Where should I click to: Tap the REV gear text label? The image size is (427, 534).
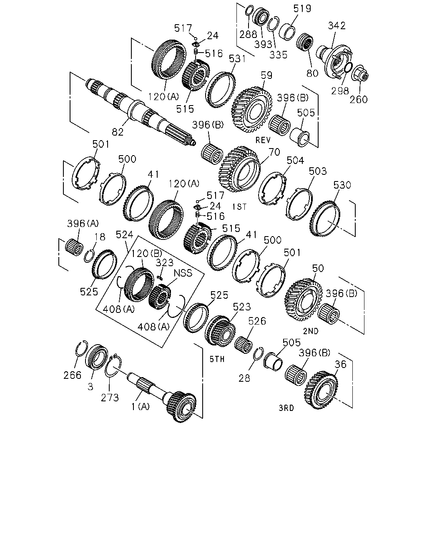click(263, 140)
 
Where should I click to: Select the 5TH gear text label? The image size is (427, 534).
click(217, 359)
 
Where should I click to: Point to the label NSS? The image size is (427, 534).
click(183, 273)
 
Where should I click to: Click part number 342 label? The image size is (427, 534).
click(337, 25)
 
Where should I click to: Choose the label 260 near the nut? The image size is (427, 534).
click(358, 100)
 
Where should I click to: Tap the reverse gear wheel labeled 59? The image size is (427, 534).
click(252, 110)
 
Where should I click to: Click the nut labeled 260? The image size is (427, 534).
click(360, 73)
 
